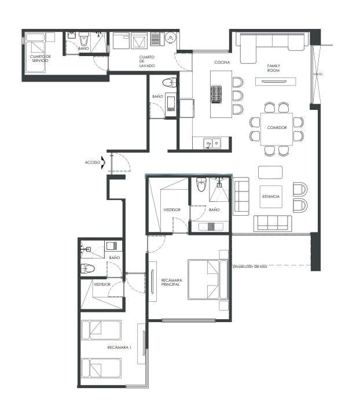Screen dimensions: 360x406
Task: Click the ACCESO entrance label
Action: [x=93, y=163]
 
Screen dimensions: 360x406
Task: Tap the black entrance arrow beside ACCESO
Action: [x=104, y=163]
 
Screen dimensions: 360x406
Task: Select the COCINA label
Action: [x=222, y=62]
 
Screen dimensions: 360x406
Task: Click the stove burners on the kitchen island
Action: [x=216, y=94]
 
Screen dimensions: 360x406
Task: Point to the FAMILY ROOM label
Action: [x=273, y=68]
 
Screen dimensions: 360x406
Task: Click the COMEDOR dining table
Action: [x=277, y=129]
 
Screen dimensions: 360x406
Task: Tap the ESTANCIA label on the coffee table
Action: [x=271, y=197]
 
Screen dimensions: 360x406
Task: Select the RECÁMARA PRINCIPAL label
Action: [x=171, y=282]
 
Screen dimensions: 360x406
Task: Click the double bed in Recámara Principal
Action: [x=208, y=280]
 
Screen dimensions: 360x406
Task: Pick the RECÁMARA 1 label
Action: [x=119, y=347]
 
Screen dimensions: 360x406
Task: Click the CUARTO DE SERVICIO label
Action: [x=41, y=58]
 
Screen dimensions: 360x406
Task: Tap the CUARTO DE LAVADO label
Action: [x=147, y=61]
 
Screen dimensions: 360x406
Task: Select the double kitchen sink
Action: [x=212, y=143]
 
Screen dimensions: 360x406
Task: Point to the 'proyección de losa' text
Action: [x=250, y=266]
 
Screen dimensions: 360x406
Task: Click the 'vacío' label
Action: [x=318, y=74]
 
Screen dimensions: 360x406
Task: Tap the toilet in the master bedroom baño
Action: [x=201, y=184]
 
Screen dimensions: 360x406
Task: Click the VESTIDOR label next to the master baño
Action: [x=172, y=210]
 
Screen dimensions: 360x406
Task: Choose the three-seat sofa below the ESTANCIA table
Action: [x=273, y=223]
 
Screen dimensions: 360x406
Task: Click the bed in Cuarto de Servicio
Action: [x=36, y=53]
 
